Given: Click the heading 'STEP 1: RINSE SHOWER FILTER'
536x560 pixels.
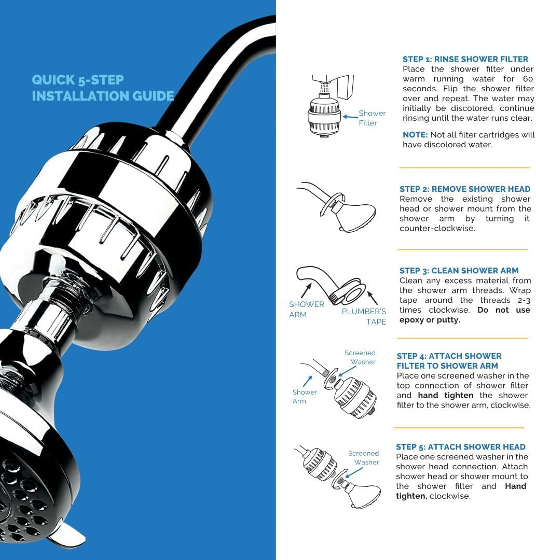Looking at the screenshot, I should pos(465,59).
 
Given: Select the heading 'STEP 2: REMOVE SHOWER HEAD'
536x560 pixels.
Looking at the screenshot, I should pos(465,189).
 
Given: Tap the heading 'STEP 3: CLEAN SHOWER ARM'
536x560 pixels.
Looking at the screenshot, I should pos(459,271).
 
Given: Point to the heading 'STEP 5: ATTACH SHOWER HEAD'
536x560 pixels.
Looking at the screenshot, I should pos(461,447).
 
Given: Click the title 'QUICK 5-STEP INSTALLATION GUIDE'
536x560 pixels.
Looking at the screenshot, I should pos(103,88).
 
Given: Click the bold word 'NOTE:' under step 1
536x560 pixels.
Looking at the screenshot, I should pos(415,135).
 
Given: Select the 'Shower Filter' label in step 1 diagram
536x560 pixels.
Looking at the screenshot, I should pos(372,118).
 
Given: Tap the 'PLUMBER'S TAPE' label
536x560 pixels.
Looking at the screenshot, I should pos(364,316).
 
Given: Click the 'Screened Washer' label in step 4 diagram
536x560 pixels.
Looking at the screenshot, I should pos(361,357).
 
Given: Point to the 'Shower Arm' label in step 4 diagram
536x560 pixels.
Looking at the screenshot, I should pos(304,397).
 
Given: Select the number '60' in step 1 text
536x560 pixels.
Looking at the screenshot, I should pos(528,79).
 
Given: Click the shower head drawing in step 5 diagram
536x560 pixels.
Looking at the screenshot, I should pos(363,495).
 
